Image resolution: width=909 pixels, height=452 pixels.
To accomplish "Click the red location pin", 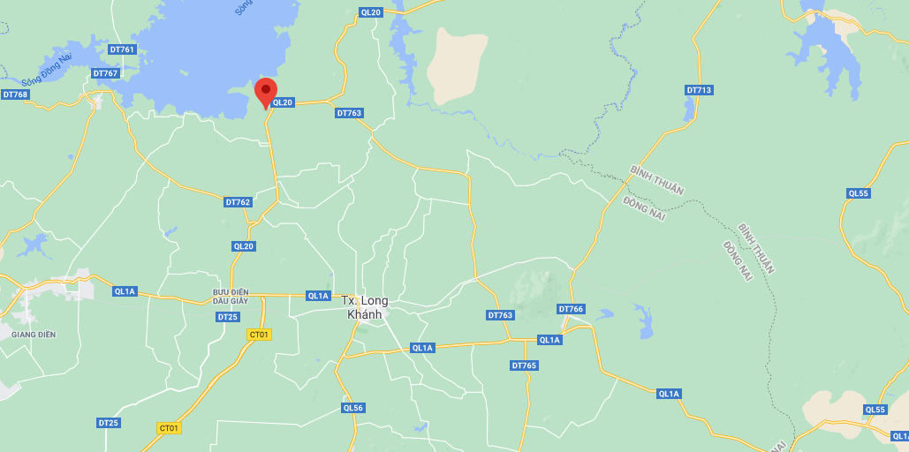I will coord(266,93).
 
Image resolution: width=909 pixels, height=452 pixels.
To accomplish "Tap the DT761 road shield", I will coord(122,49).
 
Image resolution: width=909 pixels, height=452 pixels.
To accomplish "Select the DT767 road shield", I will coord(105,73).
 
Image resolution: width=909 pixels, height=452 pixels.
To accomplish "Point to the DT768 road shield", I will coord(15,94).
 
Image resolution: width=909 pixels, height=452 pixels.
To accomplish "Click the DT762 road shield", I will coord(238,202).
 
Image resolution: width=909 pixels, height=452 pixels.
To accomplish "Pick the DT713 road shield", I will coord(699,90).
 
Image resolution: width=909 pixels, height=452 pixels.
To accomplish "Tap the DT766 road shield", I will coord(571,309).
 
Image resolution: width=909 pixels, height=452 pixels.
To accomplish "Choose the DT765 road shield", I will coord(524,365).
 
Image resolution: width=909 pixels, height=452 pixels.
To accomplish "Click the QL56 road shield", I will coord(352,408).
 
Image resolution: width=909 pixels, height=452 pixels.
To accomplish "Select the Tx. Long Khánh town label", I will coord(364,308).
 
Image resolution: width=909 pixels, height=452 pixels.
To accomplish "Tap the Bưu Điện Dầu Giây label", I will coord(231,296).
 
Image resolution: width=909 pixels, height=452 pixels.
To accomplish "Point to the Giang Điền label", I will coord(34,335).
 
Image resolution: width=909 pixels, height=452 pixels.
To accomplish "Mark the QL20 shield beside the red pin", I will coord(283,102).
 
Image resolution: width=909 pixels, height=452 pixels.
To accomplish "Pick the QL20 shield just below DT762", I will coord(244,246).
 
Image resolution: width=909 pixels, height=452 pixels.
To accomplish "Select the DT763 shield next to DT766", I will coord(500,315).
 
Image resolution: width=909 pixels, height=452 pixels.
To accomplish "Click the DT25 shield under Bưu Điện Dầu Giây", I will coord(227,317).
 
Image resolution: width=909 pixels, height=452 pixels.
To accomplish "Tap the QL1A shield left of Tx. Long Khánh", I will coord(318,296).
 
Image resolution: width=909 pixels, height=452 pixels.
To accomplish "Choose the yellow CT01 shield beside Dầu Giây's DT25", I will coord(259,334).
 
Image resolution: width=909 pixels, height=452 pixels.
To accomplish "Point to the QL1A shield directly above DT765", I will coord(549,340).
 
